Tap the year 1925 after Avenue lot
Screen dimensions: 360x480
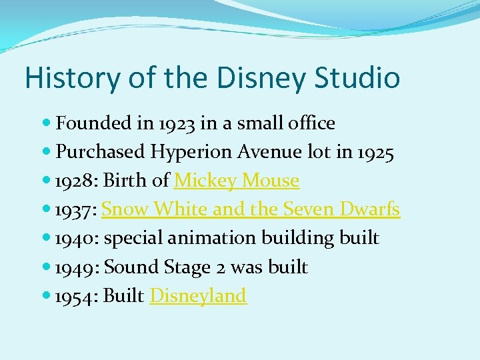tap(375, 152)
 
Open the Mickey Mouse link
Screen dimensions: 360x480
tap(237, 181)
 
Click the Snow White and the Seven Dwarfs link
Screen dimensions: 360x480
tap(251, 209)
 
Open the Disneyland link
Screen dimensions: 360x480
tap(198, 296)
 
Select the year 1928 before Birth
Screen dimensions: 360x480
tap(74, 181)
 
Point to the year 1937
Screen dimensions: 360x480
tap(75, 209)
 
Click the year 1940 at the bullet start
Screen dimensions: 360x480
tap(75, 238)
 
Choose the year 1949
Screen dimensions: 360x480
tap(75, 267)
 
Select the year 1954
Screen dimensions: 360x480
tap(75, 296)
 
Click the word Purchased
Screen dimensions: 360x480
tap(100, 152)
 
